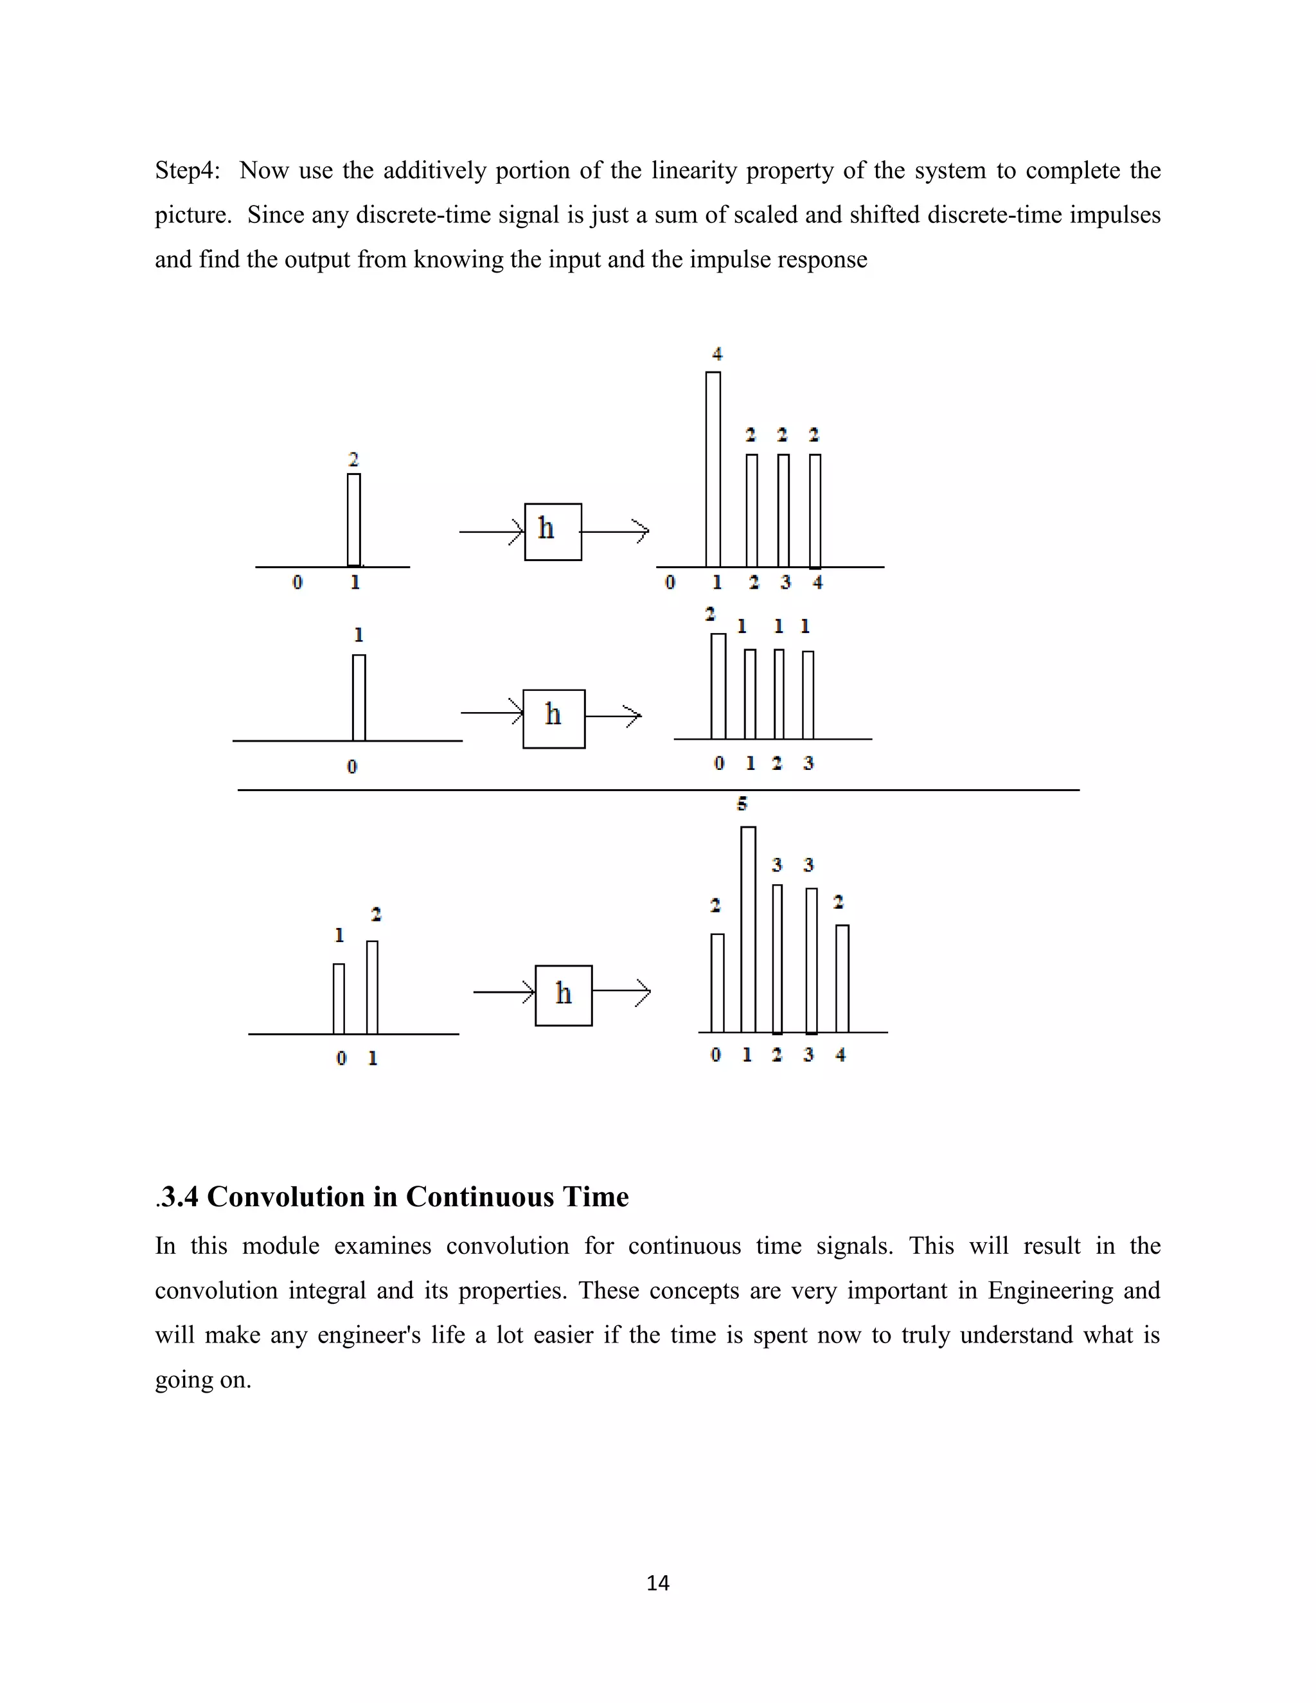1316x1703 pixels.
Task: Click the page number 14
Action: click(657, 1582)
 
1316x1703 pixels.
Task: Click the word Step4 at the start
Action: click(187, 170)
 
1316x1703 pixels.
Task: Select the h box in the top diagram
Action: click(553, 532)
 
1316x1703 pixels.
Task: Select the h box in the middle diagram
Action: click(553, 719)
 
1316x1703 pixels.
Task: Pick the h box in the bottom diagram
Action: click(563, 995)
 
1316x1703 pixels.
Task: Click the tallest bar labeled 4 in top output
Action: click(713, 469)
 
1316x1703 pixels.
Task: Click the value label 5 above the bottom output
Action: click(742, 803)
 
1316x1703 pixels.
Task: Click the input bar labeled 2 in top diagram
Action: click(353, 520)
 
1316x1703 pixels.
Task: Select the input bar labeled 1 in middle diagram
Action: click(359, 698)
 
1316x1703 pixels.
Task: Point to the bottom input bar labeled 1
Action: click(339, 999)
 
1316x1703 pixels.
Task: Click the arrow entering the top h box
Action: click(491, 532)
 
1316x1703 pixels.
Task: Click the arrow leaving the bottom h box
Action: click(621, 992)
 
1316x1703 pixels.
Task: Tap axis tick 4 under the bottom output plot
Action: click(840, 1055)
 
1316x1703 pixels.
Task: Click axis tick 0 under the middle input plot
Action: click(351, 767)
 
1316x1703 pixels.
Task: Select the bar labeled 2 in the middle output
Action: click(718, 686)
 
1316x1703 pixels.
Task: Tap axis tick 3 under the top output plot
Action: click(785, 582)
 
